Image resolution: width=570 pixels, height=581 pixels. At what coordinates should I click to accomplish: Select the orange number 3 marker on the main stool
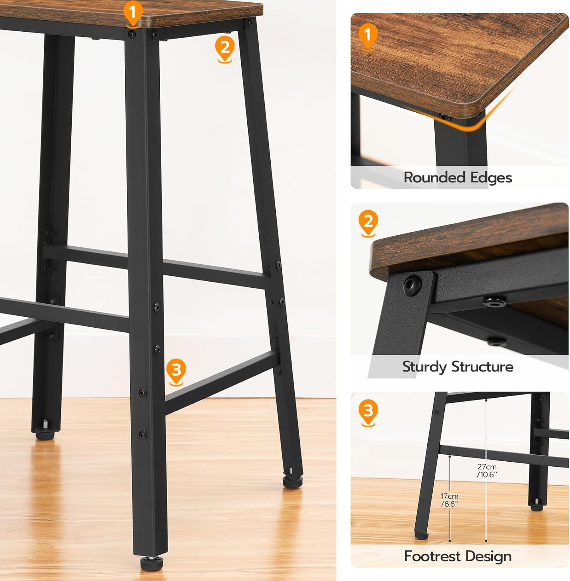[x=176, y=372]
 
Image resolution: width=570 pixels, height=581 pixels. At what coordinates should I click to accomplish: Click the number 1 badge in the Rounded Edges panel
[x=368, y=36]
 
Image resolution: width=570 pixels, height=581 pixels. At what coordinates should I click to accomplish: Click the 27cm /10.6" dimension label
[x=487, y=471]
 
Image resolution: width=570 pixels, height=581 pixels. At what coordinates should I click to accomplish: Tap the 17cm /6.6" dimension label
[x=450, y=500]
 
